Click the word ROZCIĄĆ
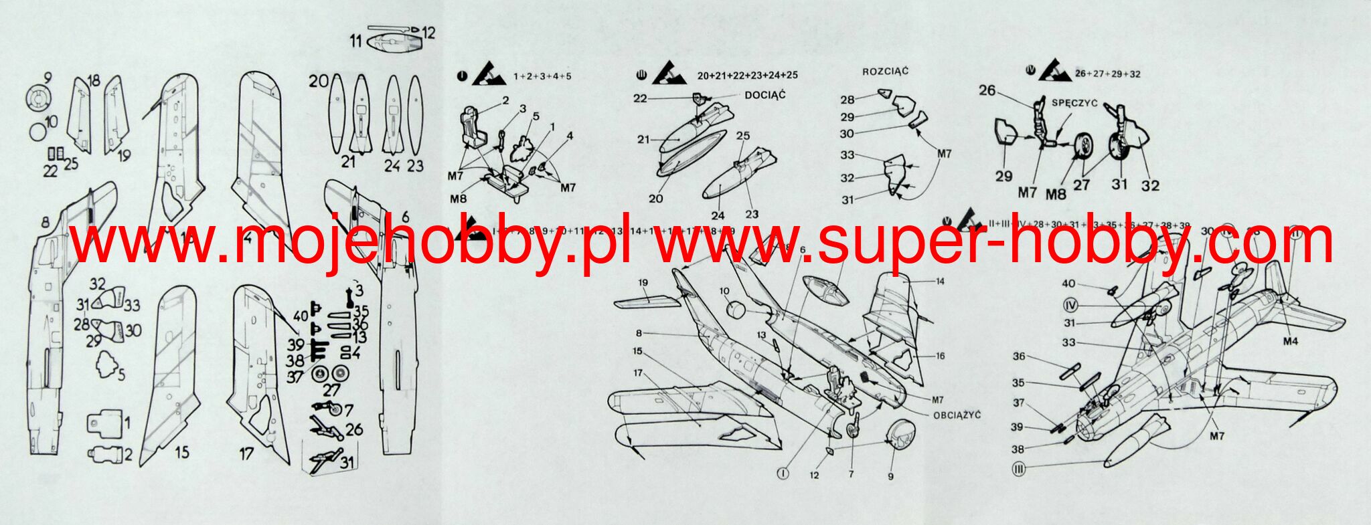point(885,72)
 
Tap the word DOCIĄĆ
point(765,95)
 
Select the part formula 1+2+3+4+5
point(542,76)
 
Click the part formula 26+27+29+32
point(1107,74)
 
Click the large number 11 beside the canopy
point(355,41)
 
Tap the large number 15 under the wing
point(181,453)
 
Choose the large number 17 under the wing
point(246,454)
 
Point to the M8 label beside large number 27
point(1055,194)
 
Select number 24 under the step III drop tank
point(718,215)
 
